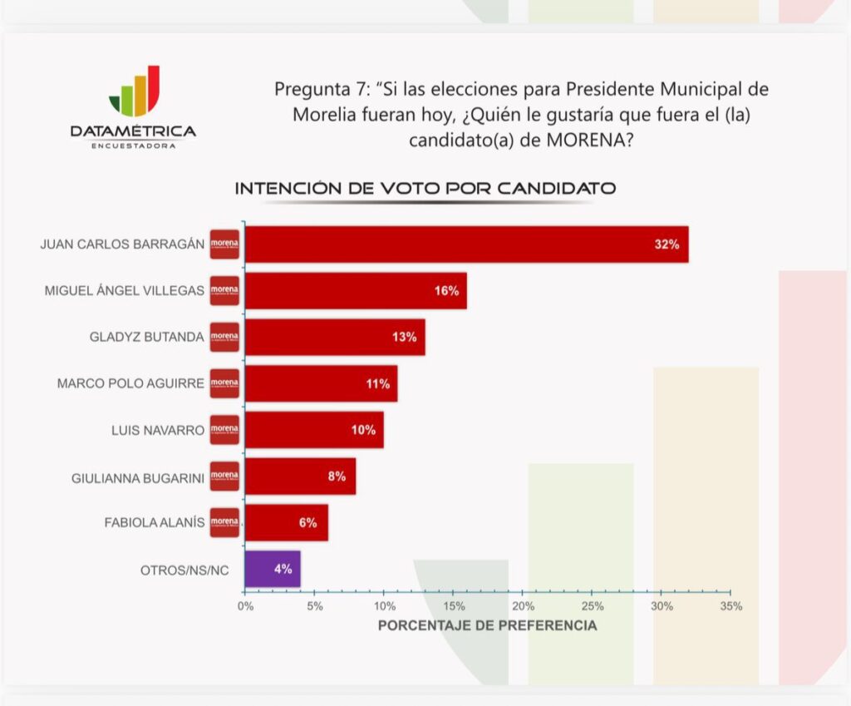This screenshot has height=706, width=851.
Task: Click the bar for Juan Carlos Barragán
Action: point(466,244)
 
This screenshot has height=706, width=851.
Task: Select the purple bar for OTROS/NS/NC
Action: point(273,570)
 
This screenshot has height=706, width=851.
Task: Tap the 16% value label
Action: point(446,291)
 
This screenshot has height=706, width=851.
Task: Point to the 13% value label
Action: point(405,338)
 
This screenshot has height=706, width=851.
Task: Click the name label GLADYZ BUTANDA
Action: point(147,338)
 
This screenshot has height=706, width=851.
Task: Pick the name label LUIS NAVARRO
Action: point(157,431)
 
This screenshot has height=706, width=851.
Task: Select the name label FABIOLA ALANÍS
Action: point(154,523)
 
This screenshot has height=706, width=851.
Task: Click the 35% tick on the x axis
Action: point(730,606)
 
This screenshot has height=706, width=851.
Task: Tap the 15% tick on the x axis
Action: point(454,606)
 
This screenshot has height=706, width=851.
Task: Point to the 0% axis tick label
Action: point(245,606)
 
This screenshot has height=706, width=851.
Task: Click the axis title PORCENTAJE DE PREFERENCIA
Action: point(487,625)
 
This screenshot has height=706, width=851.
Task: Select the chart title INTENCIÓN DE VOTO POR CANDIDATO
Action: point(425,189)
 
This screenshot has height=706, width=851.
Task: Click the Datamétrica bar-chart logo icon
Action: point(134,92)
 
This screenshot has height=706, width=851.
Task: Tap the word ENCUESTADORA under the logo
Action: point(133,146)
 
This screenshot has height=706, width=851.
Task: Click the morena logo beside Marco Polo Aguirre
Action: point(224,383)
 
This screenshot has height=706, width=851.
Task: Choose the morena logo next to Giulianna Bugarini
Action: point(224,476)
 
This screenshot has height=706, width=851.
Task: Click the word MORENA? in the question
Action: point(590,141)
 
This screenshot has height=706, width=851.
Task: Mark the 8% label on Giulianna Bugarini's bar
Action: point(337,476)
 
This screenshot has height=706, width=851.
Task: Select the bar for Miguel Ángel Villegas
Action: point(356,291)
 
